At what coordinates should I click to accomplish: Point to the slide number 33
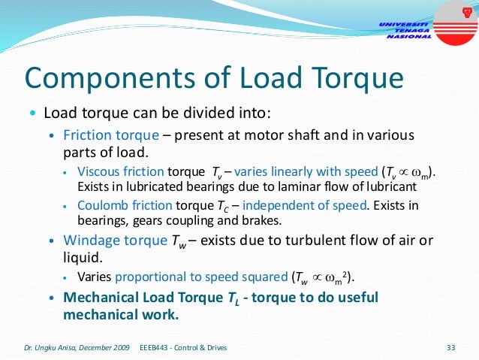coord(451,347)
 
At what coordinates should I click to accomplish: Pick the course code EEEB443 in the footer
coord(156,347)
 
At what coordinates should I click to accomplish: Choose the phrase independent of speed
coord(330,205)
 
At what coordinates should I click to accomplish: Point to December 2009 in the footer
coord(104,347)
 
